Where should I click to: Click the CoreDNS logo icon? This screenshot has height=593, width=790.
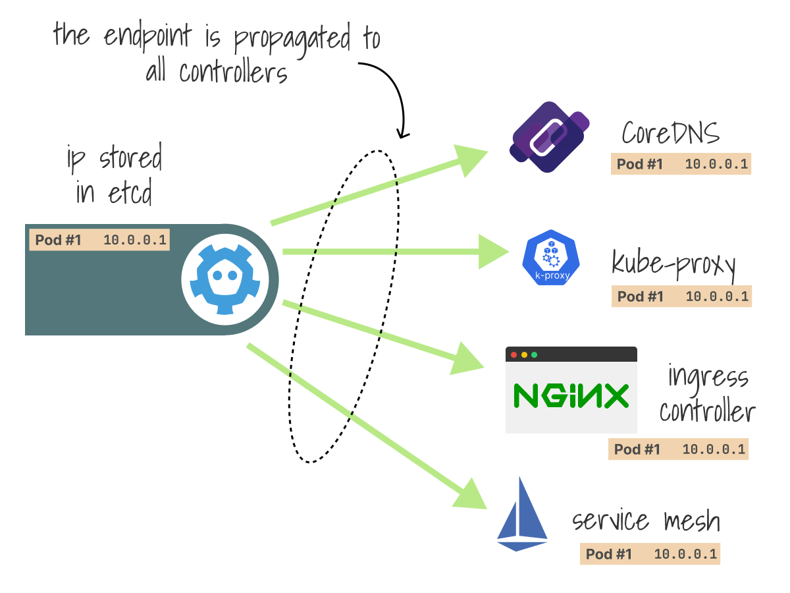coord(550,137)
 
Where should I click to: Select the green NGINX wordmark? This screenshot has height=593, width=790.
coord(571,396)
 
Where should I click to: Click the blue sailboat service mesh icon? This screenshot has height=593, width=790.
coord(522,515)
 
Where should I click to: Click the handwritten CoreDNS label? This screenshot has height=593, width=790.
coord(671,133)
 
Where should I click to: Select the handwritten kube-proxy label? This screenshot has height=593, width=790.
coord(673,264)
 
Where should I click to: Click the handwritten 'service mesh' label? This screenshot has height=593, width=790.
coord(646,521)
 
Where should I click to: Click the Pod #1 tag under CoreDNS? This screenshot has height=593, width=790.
coord(681,164)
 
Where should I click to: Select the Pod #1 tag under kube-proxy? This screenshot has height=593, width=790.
coord(681,296)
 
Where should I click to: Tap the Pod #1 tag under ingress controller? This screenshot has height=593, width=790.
coord(679,449)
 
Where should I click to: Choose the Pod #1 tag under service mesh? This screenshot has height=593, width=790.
coord(650,554)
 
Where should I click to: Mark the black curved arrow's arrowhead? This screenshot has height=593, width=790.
coord(402,132)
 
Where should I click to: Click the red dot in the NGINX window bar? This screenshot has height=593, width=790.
coord(513,354)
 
